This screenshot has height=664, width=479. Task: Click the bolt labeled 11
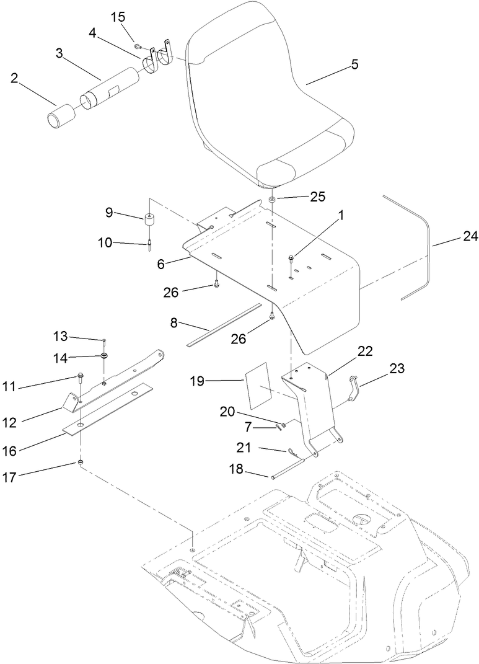81,377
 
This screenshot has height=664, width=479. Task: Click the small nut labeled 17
81,463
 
